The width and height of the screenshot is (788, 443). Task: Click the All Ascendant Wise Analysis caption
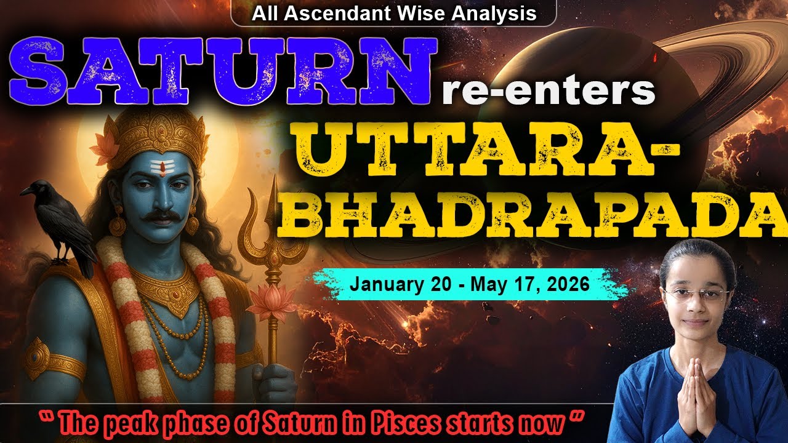click(394, 13)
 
